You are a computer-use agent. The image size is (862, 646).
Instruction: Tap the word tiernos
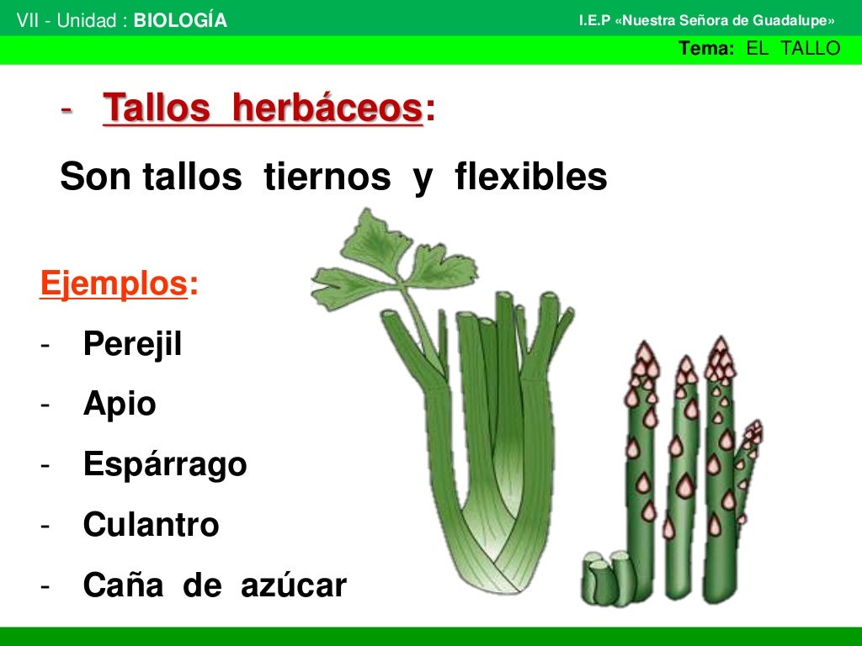click(327, 177)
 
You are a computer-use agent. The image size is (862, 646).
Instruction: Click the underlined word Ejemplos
click(113, 284)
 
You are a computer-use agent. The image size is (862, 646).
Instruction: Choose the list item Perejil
click(132, 344)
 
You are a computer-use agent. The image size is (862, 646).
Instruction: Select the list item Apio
click(120, 405)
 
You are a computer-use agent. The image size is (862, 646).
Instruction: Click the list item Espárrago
click(165, 465)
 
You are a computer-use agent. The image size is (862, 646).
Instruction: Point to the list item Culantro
click(152, 526)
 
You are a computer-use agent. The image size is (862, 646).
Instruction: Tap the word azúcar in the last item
click(293, 585)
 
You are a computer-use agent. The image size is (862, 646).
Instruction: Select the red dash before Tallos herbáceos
click(67, 110)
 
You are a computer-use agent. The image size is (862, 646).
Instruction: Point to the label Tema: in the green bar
click(707, 49)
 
